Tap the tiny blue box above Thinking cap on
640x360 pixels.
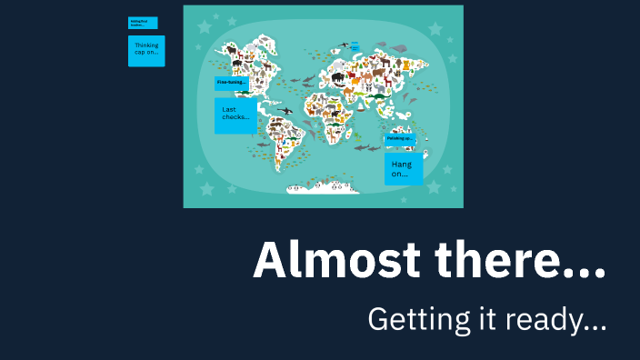(x=143, y=23)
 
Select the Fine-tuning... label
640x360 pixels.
(x=232, y=83)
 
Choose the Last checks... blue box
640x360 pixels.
(x=235, y=115)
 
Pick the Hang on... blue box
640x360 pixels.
(x=403, y=168)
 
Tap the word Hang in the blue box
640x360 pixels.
(x=401, y=165)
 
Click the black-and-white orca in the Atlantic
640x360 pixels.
(x=285, y=111)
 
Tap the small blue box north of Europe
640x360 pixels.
(x=355, y=45)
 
